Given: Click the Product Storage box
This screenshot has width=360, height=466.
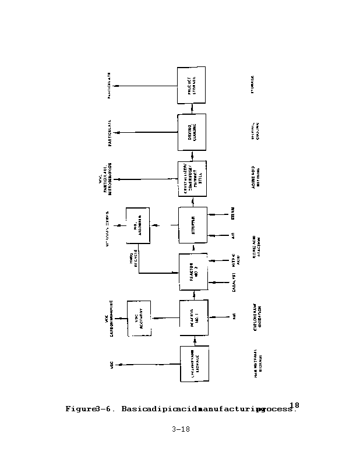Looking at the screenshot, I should (x=191, y=84).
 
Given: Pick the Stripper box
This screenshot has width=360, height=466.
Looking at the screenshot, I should (x=192, y=224).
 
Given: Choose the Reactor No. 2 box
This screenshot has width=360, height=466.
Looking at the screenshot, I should (x=193, y=271).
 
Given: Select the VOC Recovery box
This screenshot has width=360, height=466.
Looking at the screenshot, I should (x=139, y=318).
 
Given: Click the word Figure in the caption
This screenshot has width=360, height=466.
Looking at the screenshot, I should (x=79, y=409).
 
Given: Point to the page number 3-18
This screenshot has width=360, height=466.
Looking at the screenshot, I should (x=181, y=430).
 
